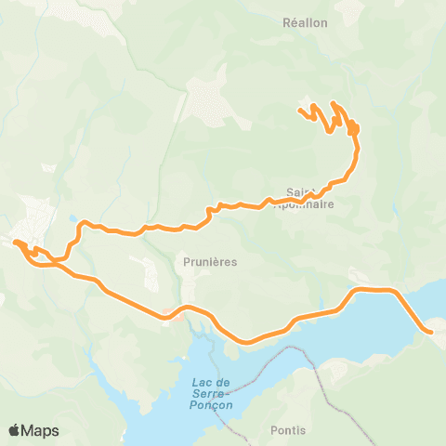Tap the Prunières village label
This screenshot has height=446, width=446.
[211, 262]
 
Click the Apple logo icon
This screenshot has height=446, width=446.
[15, 430]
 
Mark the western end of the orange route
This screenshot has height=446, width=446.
[16, 243]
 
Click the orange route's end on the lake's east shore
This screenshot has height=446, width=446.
[430, 331]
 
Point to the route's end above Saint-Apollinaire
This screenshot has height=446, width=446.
[300, 112]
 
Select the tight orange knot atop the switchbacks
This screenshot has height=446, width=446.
[355, 128]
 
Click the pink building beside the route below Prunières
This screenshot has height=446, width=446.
[167, 312]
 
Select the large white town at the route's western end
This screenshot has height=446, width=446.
[33, 218]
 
